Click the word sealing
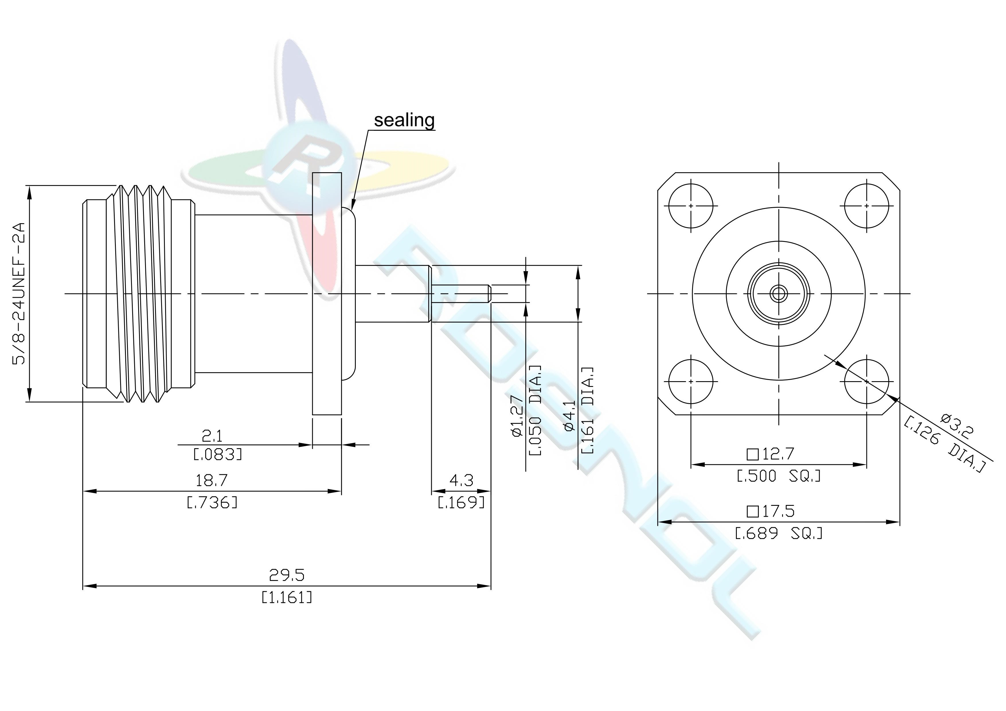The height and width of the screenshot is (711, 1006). point(404,120)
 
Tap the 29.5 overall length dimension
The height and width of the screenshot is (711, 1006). point(287,575)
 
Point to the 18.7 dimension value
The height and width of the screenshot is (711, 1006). point(211,481)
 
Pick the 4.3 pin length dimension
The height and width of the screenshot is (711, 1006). point(461,481)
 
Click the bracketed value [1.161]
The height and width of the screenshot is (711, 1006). point(287,597)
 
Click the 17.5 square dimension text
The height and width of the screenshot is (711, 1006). point(770,511)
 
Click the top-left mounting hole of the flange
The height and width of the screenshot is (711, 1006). point(691,206)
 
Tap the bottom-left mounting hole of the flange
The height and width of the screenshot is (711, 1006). point(691,381)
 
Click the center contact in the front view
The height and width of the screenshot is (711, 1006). point(779,293)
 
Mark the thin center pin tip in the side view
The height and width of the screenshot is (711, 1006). point(489,293)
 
